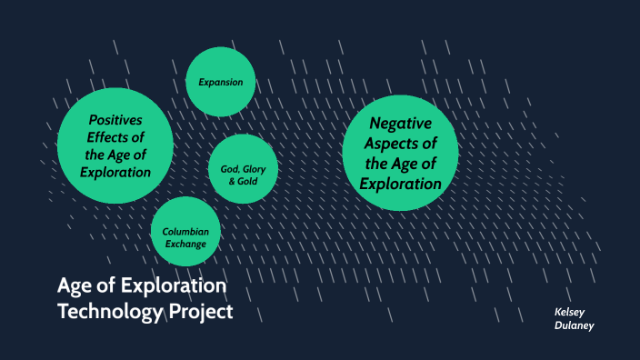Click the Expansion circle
(221, 82)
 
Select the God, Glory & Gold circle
(243, 169)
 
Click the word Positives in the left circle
(115, 121)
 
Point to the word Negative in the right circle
(400, 125)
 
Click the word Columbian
(185, 231)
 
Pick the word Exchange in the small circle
(185, 245)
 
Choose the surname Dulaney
(575, 325)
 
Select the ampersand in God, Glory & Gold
(232, 182)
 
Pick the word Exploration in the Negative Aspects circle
(400, 184)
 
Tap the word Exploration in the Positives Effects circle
(115, 171)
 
